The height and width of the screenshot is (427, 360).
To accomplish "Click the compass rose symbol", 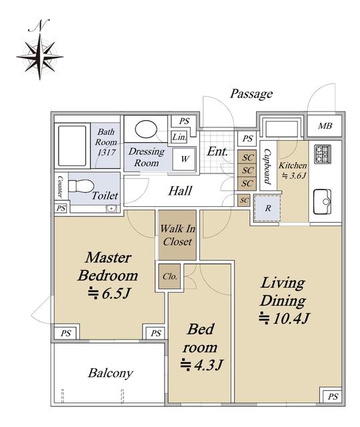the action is [40, 57].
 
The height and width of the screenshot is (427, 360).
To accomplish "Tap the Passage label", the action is [251, 94].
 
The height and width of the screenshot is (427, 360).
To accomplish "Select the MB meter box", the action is [325, 126].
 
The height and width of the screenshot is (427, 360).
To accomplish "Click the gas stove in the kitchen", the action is [323, 154].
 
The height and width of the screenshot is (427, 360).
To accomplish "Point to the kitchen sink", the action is [323, 201].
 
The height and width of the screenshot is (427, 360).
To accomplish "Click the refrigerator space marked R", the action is [268, 208].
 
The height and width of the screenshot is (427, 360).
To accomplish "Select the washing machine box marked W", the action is [184, 159].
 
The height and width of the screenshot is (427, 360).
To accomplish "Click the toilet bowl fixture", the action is [81, 186].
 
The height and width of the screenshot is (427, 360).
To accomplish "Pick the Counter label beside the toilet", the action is [60, 187].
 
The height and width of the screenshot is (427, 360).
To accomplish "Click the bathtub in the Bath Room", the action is [72, 145].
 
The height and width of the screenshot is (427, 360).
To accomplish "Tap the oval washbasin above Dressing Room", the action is [146, 129].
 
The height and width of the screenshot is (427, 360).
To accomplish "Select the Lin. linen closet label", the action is [179, 137].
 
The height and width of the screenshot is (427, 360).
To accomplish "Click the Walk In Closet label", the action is [177, 235].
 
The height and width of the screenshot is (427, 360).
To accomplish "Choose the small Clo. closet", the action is [169, 276].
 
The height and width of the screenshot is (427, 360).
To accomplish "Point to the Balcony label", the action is [111, 373].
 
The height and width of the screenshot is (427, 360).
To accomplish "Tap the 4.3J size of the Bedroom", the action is [201, 364].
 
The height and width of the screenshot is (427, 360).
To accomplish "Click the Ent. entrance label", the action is [217, 151].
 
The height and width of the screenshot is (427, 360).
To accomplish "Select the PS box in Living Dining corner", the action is [332, 397].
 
